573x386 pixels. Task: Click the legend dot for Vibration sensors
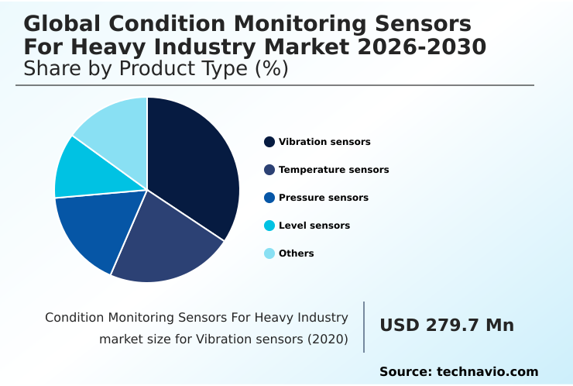pos(269,142)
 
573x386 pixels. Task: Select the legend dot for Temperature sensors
pos(269,170)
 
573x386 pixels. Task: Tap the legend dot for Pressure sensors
pos(269,198)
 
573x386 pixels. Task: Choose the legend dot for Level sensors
pos(269,226)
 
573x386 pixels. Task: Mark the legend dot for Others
pos(269,253)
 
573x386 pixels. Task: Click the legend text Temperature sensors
pos(334,170)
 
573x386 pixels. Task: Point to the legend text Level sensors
pos(314,226)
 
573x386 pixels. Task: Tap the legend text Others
pos(297,253)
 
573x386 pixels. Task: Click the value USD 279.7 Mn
pos(447,326)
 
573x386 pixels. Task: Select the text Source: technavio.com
pos(458,372)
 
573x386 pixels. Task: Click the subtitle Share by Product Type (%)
pos(156,68)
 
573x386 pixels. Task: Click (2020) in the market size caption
pos(329,339)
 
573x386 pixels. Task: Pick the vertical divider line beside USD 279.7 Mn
pos(364,326)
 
